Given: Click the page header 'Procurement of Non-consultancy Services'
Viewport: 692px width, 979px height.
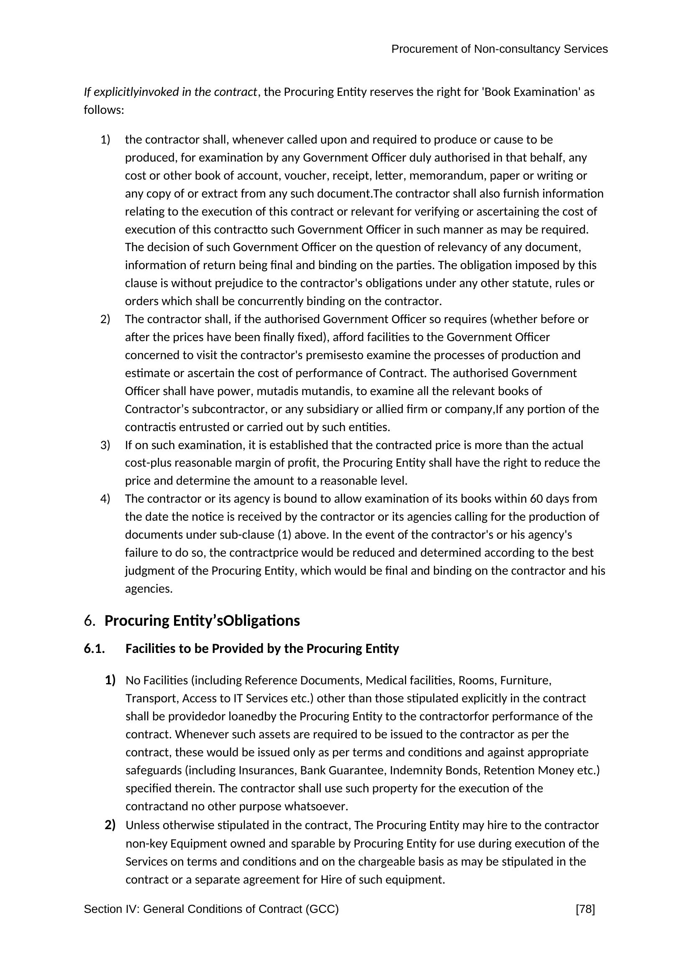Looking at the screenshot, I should pyautogui.click(x=499, y=49).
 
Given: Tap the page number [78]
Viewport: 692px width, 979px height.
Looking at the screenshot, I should pyautogui.click(x=585, y=910).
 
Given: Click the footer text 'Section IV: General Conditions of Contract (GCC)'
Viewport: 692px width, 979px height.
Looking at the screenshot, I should pyautogui.click(x=211, y=910).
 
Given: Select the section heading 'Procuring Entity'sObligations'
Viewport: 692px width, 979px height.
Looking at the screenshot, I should pyautogui.click(x=202, y=621).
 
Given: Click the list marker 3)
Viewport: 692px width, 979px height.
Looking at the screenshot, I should pyautogui.click(x=105, y=445).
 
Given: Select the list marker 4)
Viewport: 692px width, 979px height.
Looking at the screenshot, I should pyautogui.click(x=105, y=498).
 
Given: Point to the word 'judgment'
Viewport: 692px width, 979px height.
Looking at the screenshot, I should pyautogui.click(x=149, y=571).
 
